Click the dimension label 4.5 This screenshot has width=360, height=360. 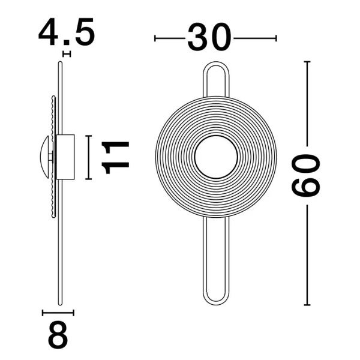click(67, 32)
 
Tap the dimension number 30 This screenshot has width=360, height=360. click(209, 37)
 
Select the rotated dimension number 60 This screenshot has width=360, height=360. click(305, 175)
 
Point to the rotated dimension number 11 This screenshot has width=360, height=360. click(115, 157)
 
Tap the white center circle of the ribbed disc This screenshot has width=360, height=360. click(216, 157)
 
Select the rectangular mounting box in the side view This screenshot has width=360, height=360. click(65, 157)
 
